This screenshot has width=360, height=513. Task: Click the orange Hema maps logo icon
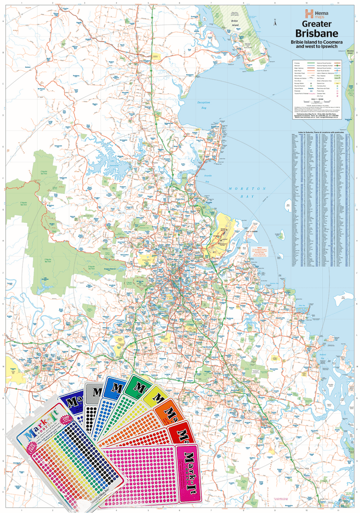309,14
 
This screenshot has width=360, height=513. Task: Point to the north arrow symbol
275,23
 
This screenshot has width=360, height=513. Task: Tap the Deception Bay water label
203,104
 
